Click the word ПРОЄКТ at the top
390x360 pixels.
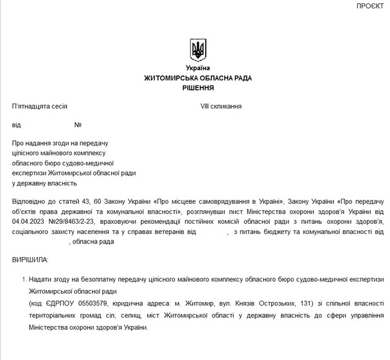(371, 6)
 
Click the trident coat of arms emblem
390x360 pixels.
(198, 50)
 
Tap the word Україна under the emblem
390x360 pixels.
(198, 68)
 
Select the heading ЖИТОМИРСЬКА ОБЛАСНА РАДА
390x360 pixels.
(198, 78)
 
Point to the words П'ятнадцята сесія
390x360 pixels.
(40, 106)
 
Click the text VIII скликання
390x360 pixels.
(221, 106)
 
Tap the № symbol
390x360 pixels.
(78, 125)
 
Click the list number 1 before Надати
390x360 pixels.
(24, 279)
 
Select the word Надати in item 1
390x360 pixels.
(42, 279)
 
